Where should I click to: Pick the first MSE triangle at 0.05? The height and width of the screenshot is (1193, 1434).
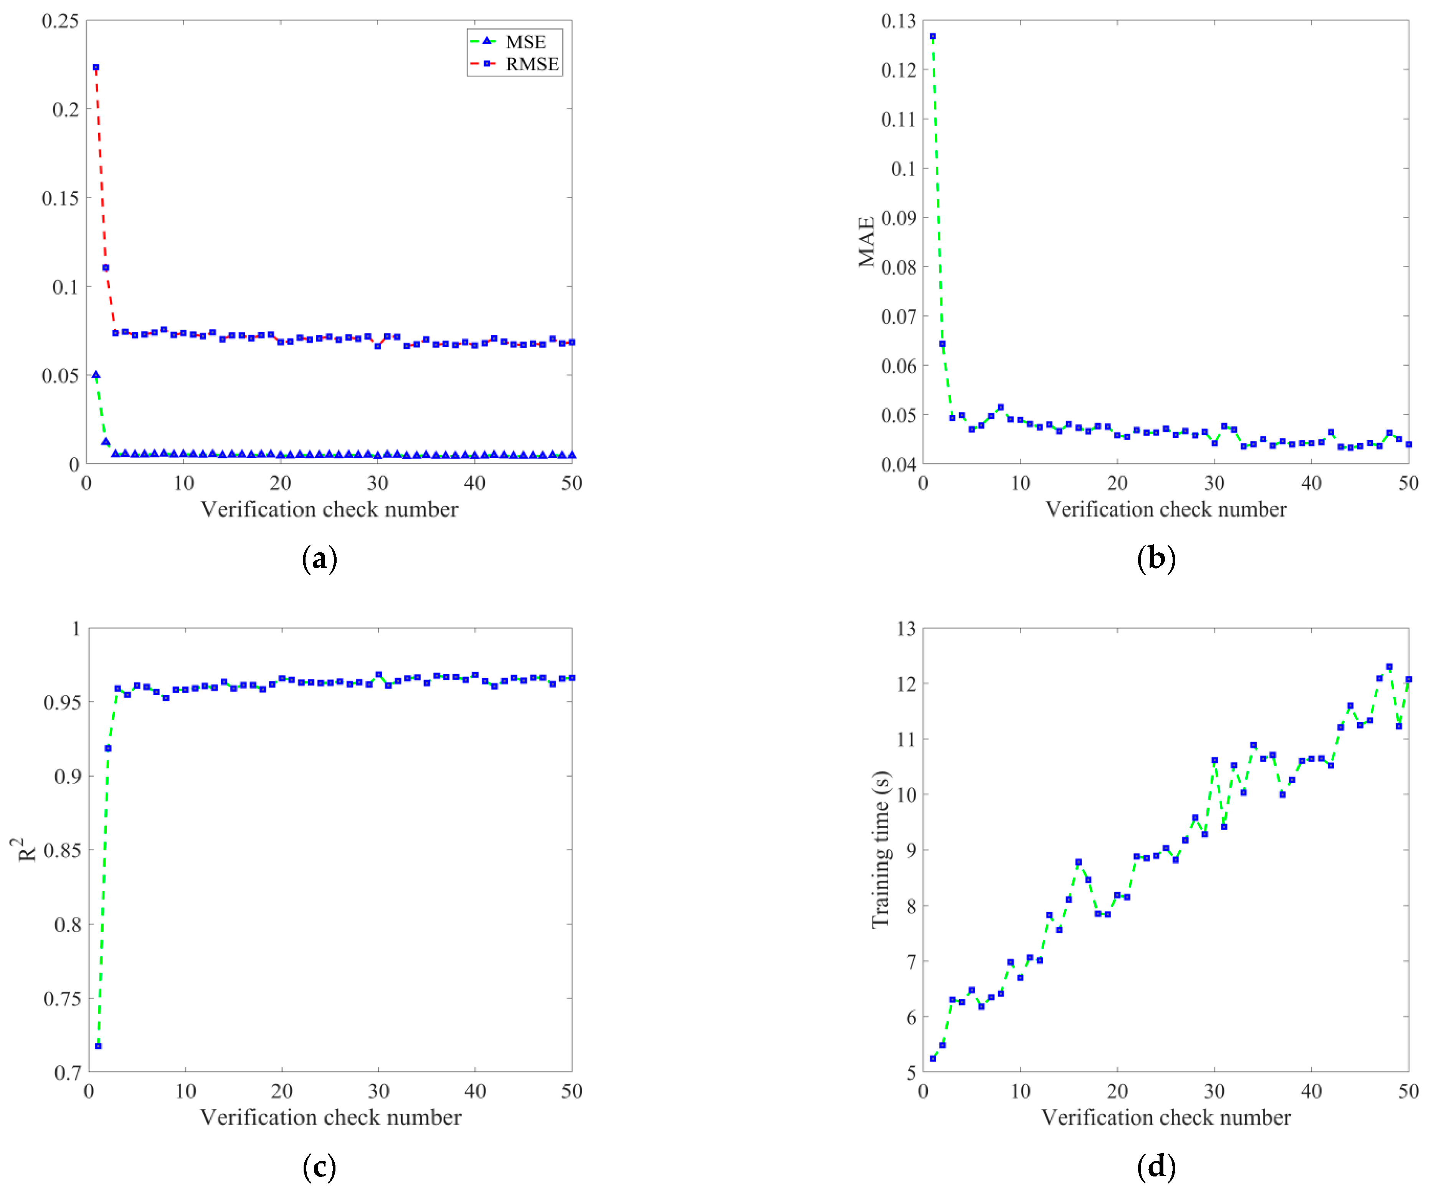pos(96,375)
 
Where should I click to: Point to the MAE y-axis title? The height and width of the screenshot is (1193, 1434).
pos(866,242)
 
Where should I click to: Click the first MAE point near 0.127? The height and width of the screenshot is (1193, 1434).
pos(933,36)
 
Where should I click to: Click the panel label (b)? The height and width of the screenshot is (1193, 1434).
pos(1156,558)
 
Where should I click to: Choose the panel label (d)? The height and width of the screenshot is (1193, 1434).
pos(1156,1166)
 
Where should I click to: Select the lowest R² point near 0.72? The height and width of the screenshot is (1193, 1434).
pos(98,1046)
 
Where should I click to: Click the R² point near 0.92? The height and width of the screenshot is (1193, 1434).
pos(108,748)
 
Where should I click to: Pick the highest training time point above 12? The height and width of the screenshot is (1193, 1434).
pos(1389,667)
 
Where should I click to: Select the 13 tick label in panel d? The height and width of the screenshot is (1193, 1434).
pos(906,629)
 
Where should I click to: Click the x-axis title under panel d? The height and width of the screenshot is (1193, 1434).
pos(1166,1117)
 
